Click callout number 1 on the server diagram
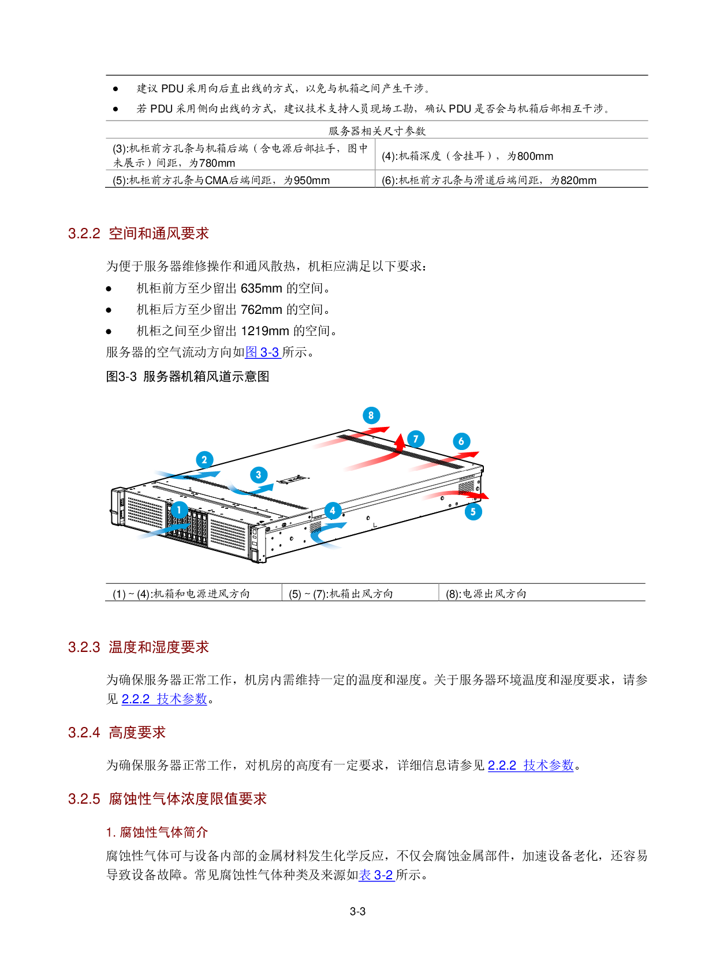179,510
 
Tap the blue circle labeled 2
204,460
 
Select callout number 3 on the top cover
259,475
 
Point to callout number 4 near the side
333,511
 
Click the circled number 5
473,511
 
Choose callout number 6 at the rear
461,441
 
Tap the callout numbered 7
416,439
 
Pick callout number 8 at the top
371,415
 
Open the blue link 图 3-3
263,352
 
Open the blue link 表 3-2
376,875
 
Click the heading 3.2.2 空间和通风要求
139,234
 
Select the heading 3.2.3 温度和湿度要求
139,647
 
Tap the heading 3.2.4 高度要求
117,733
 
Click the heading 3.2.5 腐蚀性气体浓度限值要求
167,799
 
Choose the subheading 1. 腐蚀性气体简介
157,833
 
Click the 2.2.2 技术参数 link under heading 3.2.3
164,699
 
